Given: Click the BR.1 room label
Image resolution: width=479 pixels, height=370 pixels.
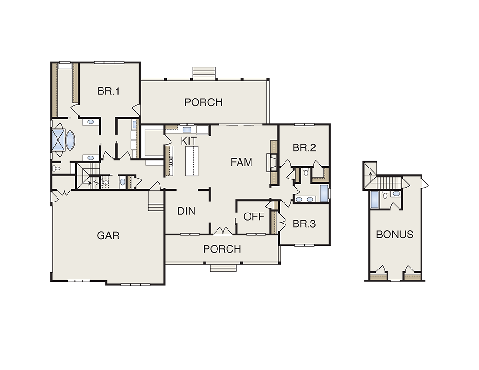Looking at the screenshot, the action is click(109, 91).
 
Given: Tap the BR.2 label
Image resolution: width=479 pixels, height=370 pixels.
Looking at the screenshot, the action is click(304, 148).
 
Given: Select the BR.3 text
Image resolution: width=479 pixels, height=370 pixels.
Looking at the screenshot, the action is click(304, 224).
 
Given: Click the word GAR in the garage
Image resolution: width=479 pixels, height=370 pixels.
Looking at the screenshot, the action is click(108, 235).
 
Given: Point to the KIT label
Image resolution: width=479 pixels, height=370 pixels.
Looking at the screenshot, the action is click(189, 141).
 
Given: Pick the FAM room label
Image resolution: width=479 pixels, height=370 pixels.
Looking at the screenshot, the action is click(241, 162).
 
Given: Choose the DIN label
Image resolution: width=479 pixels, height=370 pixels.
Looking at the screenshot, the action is click(186, 211).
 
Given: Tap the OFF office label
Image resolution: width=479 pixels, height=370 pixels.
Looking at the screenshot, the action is click(254, 217).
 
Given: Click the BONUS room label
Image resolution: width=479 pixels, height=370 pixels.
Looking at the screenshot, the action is click(395, 235).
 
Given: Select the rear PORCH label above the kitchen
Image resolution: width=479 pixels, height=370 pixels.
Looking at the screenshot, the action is click(204, 102).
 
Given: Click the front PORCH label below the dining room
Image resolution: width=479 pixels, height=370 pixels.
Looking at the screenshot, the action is click(222, 249).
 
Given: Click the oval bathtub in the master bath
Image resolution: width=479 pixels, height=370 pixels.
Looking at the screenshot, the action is click(70, 140).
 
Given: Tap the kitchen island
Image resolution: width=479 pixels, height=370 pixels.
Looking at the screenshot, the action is click(192, 161).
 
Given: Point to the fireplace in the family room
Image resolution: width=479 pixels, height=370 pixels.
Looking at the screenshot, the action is click(272, 162).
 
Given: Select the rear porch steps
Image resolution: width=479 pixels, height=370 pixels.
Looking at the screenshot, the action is click(204, 73).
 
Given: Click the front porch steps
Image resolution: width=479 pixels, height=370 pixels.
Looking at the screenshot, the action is click(223, 268).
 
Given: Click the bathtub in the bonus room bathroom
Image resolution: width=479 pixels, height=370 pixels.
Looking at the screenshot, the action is click(374, 200).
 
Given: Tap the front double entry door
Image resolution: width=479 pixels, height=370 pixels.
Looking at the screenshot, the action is click(223, 231).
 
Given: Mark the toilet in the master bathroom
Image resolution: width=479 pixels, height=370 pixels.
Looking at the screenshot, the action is click(56, 168).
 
